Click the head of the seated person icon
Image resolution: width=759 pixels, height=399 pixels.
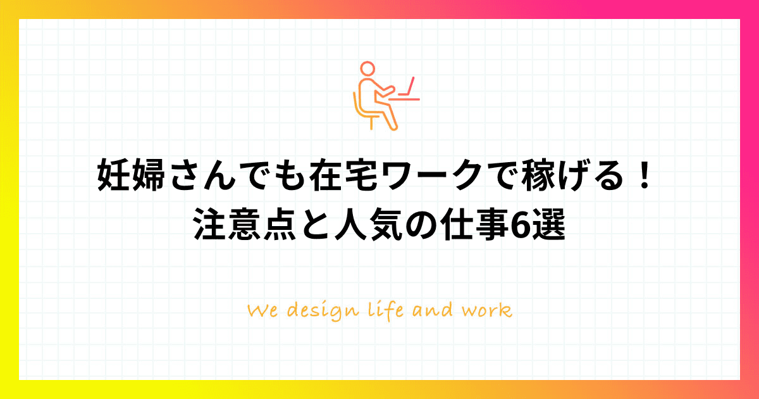(x=367, y=68)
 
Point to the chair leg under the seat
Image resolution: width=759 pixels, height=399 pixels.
(x=371, y=123)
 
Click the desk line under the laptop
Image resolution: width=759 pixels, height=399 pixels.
(x=404, y=99)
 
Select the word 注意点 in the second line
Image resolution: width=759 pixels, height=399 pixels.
(x=245, y=225)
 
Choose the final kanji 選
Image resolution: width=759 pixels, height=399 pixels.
(x=548, y=225)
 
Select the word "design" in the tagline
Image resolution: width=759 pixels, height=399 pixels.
(x=323, y=312)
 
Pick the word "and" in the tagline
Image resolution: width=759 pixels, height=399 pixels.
(x=433, y=310)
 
